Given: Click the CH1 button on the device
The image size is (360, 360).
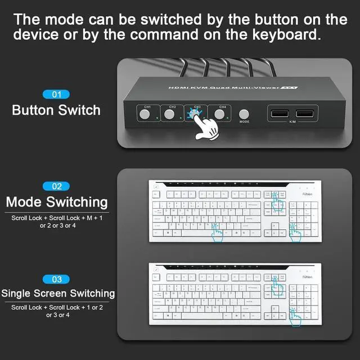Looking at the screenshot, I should [145, 114].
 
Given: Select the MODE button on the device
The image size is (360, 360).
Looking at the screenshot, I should [244, 114].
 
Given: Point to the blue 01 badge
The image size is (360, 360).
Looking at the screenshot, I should [56, 94].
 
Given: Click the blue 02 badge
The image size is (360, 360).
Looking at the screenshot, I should [56, 186].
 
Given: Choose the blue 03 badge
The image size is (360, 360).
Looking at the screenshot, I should [56, 278].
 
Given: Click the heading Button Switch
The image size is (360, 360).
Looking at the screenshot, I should [56, 110].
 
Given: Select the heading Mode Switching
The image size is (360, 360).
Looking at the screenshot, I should [56, 202].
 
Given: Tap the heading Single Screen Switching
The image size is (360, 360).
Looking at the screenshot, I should [58, 293].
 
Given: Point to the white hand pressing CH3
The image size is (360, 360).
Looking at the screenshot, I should [205, 127].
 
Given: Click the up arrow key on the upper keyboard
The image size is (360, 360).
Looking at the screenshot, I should [274, 225].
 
